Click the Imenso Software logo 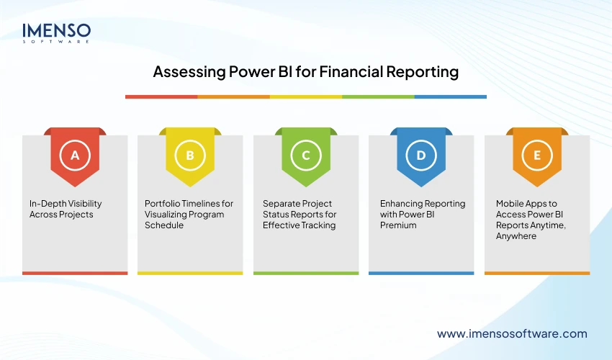pos(57,33)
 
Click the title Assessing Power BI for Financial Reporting pos(305,73)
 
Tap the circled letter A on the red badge pos(75,155)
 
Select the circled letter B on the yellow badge pos(190,155)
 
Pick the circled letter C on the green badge pos(306,155)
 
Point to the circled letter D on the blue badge pos(421,155)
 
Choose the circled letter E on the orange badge pos(536,155)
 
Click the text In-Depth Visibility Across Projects pos(60,209)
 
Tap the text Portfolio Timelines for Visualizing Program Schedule pos(189,215)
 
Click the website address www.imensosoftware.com pos(512,333)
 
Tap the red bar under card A pos(75,273)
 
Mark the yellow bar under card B pos(190,273)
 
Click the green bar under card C pos(306,273)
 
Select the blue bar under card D pos(421,273)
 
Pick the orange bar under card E pos(536,273)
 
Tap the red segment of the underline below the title pos(161,96)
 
